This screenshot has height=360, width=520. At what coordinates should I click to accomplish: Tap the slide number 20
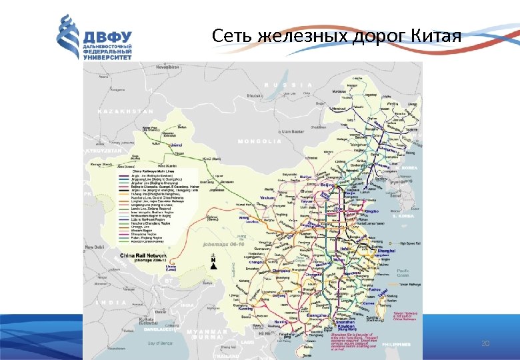coord(485,343)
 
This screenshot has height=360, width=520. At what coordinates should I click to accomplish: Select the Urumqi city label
coord(176,143)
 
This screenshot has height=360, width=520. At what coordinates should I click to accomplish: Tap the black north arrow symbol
coord(213,263)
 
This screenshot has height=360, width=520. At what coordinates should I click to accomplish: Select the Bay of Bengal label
coord(160,343)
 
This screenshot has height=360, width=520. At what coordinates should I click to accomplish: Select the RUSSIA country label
coord(287,85)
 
